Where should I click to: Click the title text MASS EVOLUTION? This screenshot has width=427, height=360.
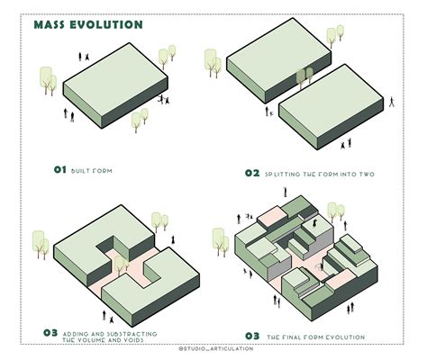point(87,24)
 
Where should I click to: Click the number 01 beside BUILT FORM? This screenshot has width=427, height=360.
point(60,169)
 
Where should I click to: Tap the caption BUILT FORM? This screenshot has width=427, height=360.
point(95,170)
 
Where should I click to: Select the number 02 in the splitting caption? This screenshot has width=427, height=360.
point(252,172)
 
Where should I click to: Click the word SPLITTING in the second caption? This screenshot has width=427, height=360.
point(286,172)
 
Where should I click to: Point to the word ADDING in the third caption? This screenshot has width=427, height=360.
point(81,333)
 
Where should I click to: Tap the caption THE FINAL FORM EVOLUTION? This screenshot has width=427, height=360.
point(315,337)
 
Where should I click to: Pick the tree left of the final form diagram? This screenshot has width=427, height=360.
point(220,241)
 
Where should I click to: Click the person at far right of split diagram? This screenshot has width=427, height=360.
point(393,102)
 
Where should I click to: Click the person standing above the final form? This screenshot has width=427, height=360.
point(285,191)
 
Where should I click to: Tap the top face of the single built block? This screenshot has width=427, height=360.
point(107,81)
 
